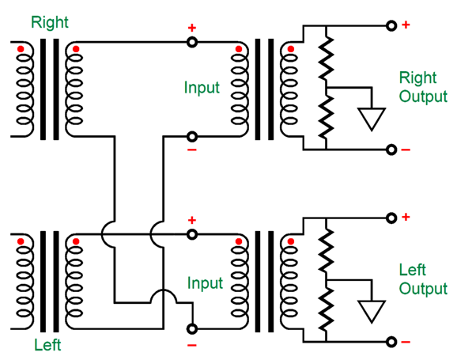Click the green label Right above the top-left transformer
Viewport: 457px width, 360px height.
[50, 22]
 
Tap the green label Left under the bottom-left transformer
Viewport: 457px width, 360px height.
[47, 345]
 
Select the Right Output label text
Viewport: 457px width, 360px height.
[423, 87]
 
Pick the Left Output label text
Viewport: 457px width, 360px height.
[423, 279]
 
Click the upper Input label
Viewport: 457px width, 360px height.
[202, 87]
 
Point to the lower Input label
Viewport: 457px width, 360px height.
[205, 283]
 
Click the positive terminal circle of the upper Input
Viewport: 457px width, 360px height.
[192, 42]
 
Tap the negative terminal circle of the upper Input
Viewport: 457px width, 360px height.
[192, 137]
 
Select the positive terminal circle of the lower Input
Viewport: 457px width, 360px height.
[192, 234]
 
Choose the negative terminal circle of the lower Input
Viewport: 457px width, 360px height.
[192, 329]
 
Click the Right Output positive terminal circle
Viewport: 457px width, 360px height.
[391, 25]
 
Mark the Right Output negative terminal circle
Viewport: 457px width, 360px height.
[391, 150]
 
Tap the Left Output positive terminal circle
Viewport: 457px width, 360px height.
[391, 218]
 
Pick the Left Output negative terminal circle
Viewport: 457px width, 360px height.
[391, 342]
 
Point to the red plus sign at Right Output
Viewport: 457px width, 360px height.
[406, 25]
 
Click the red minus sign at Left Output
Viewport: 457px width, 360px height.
[406, 342]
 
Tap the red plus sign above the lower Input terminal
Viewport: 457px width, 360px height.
[192, 220]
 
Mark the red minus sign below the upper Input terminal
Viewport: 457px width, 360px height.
[192, 150]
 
